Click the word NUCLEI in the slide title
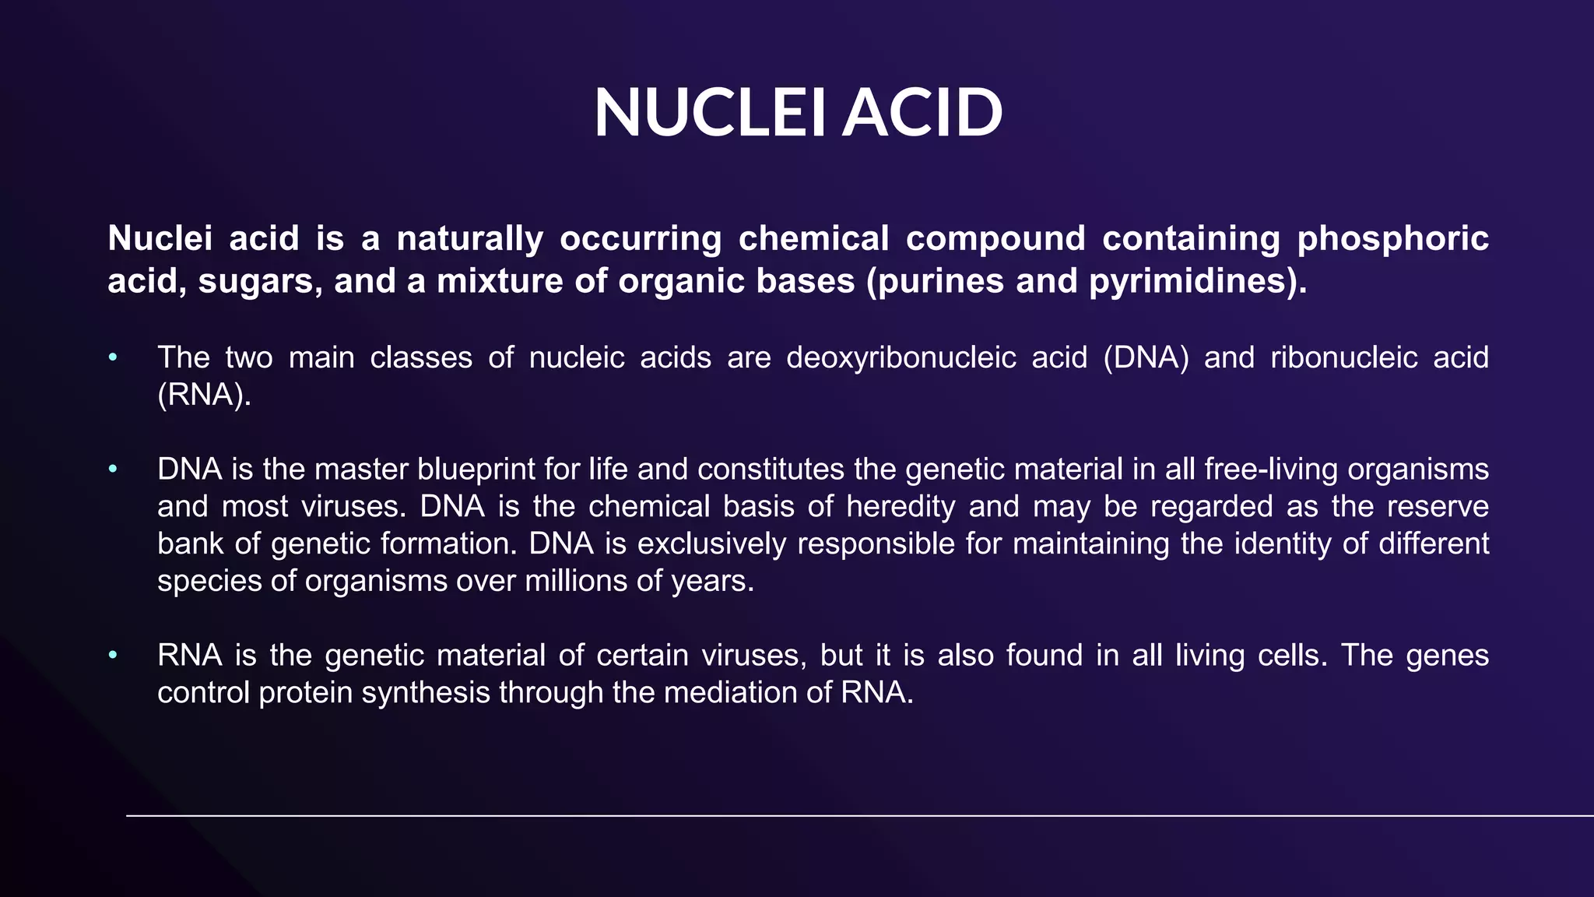coord(709,114)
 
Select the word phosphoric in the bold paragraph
coord(1392,239)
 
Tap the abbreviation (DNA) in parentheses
coord(1146,357)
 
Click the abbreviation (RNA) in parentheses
coord(204,395)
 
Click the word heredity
coord(901,507)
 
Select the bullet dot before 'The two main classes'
coord(114,357)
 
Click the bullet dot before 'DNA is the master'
coord(114,470)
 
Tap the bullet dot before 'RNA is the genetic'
coord(114,656)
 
